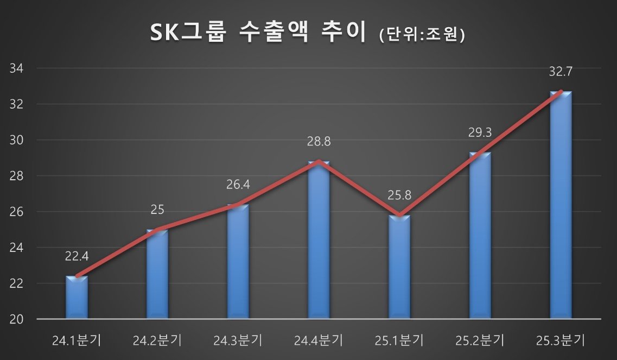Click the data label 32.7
click(x=561, y=71)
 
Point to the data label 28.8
click(x=319, y=142)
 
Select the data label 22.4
click(x=77, y=256)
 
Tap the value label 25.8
click(x=399, y=195)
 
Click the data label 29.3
click(x=480, y=132)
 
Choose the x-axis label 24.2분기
click(x=157, y=341)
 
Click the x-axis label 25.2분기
click(x=480, y=341)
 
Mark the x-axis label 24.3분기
click(x=238, y=341)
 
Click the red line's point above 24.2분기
click(x=157, y=230)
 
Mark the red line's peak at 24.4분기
click(x=319, y=161)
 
